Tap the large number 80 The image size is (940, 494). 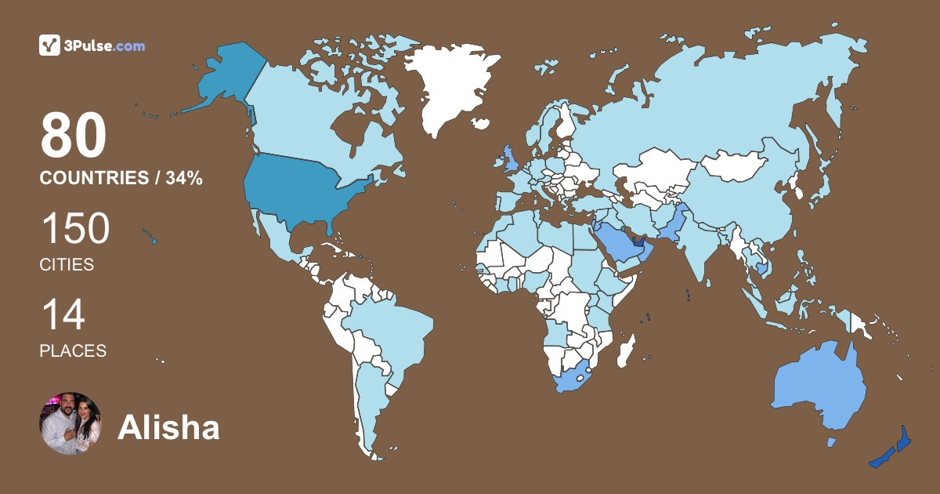pyautogui.click(x=74, y=136)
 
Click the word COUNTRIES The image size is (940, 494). pyautogui.click(x=94, y=179)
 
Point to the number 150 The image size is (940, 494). pyautogui.click(x=75, y=230)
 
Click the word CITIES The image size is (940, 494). pyautogui.click(x=67, y=265)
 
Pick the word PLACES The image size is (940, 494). pyautogui.click(x=73, y=351)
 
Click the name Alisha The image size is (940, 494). pyautogui.click(x=168, y=427)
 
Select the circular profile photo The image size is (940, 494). pyautogui.click(x=70, y=423)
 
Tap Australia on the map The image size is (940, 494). pyautogui.click(x=819, y=388)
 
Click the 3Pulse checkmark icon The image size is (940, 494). pyautogui.click(x=49, y=46)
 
